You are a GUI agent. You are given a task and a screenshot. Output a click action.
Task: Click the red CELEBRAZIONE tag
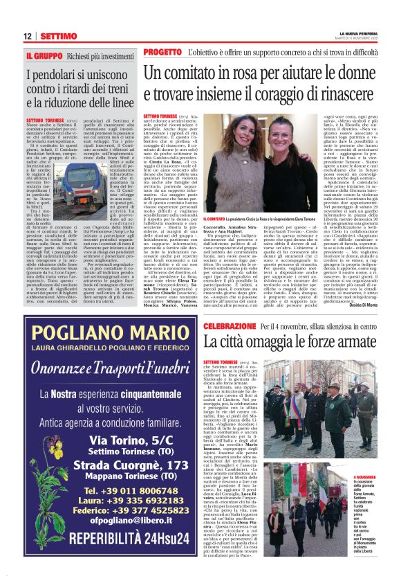pyautogui.click(x=176, y=325)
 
